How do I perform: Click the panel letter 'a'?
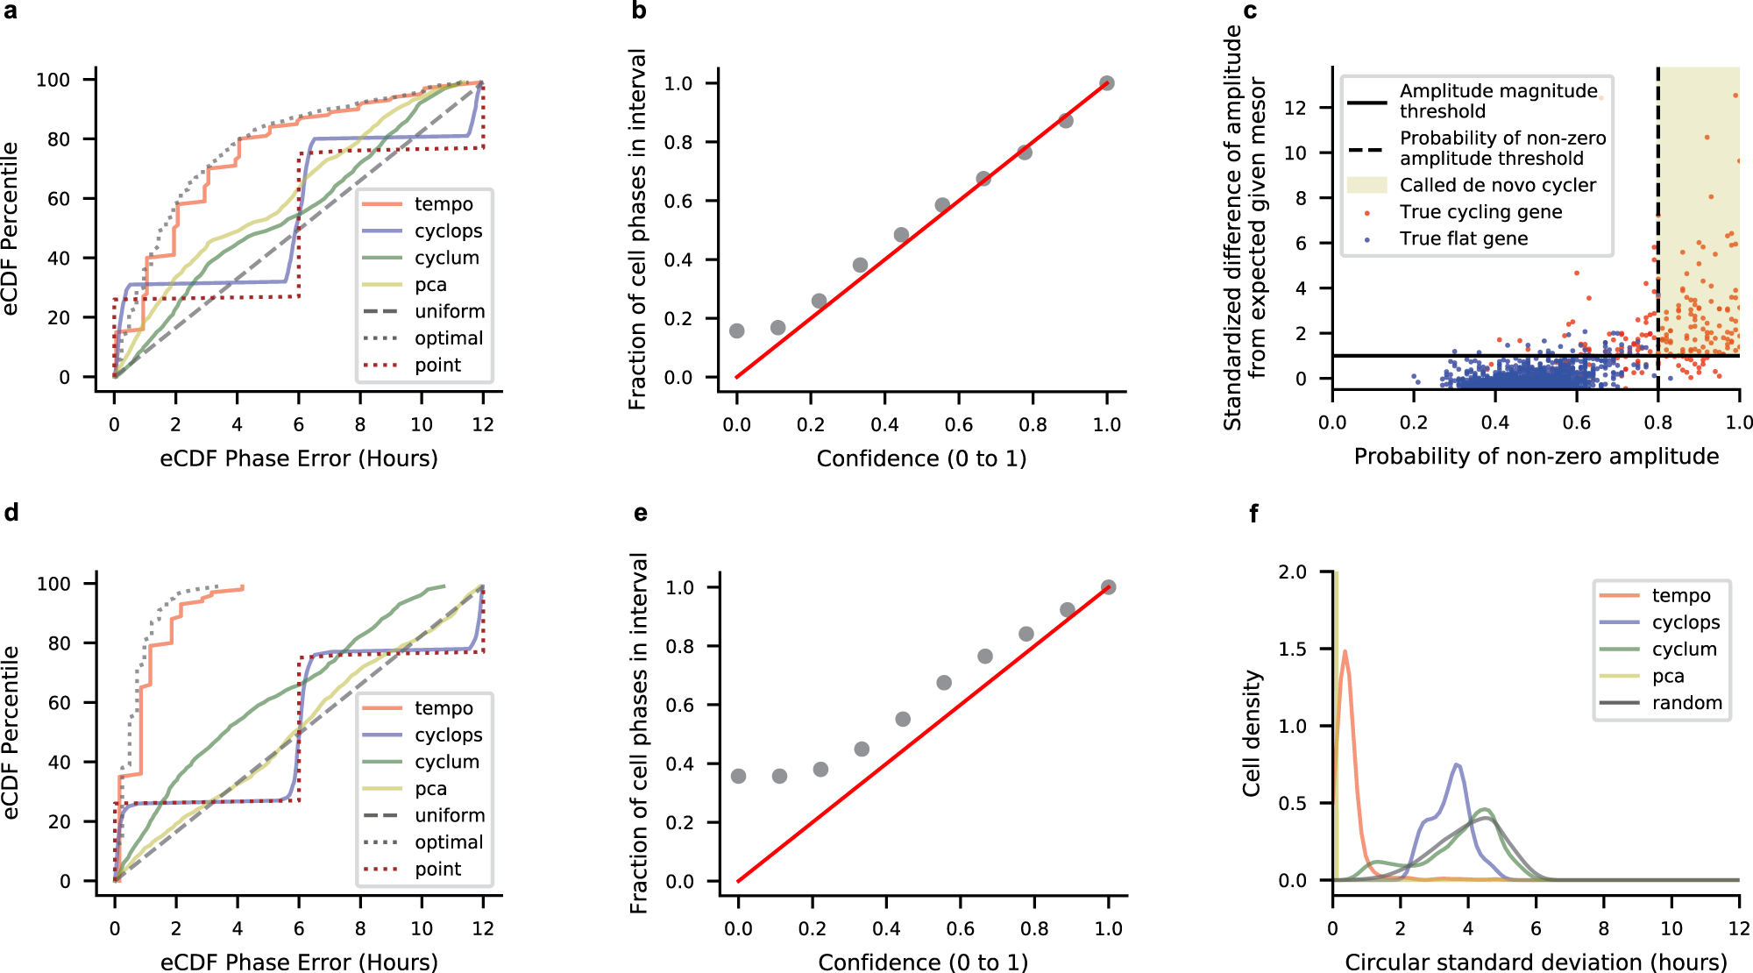pyautogui.click(x=10, y=11)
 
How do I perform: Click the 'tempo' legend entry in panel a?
pyautogui.click(x=443, y=204)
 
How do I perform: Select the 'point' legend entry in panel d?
pyautogui.click(x=437, y=869)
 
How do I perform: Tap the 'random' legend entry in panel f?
pyautogui.click(x=1686, y=703)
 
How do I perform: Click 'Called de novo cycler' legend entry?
pyautogui.click(x=1497, y=185)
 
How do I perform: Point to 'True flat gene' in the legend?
pyautogui.click(x=1463, y=238)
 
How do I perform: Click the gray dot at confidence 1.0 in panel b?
pyautogui.click(x=1107, y=83)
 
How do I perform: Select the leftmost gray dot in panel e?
pyautogui.click(x=738, y=776)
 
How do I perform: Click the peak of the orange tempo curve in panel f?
pyautogui.click(x=1345, y=651)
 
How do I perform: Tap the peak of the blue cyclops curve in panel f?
pyautogui.click(x=1457, y=765)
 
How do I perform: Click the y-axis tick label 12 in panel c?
pyautogui.click(x=1295, y=108)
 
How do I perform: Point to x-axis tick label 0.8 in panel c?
pyautogui.click(x=1657, y=423)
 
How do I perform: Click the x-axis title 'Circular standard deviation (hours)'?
pyautogui.click(x=1536, y=962)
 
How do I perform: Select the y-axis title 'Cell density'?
pyautogui.click(x=1252, y=733)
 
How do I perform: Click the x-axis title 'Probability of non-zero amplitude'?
pyautogui.click(x=1536, y=457)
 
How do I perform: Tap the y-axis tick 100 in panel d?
pyautogui.click(x=53, y=584)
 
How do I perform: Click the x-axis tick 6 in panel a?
pyautogui.click(x=299, y=425)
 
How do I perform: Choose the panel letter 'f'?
pyautogui.click(x=1253, y=515)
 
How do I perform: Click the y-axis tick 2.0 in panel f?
pyautogui.click(x=1292, y=572)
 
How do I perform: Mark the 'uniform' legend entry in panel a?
pyautogui.click(x=449, y=312)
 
